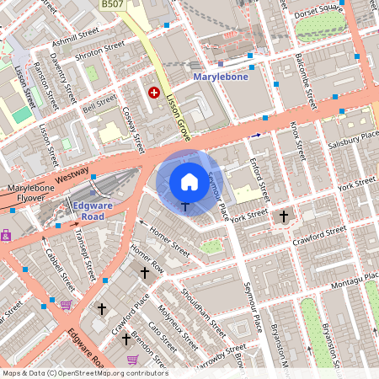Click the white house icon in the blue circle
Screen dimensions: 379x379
pyautogui.click(x=189, y=181)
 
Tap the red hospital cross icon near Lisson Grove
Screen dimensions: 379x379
pyautogui.click(x=154, y=93)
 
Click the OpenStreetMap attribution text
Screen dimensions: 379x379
pyautogui.click(x=84, y=373)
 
